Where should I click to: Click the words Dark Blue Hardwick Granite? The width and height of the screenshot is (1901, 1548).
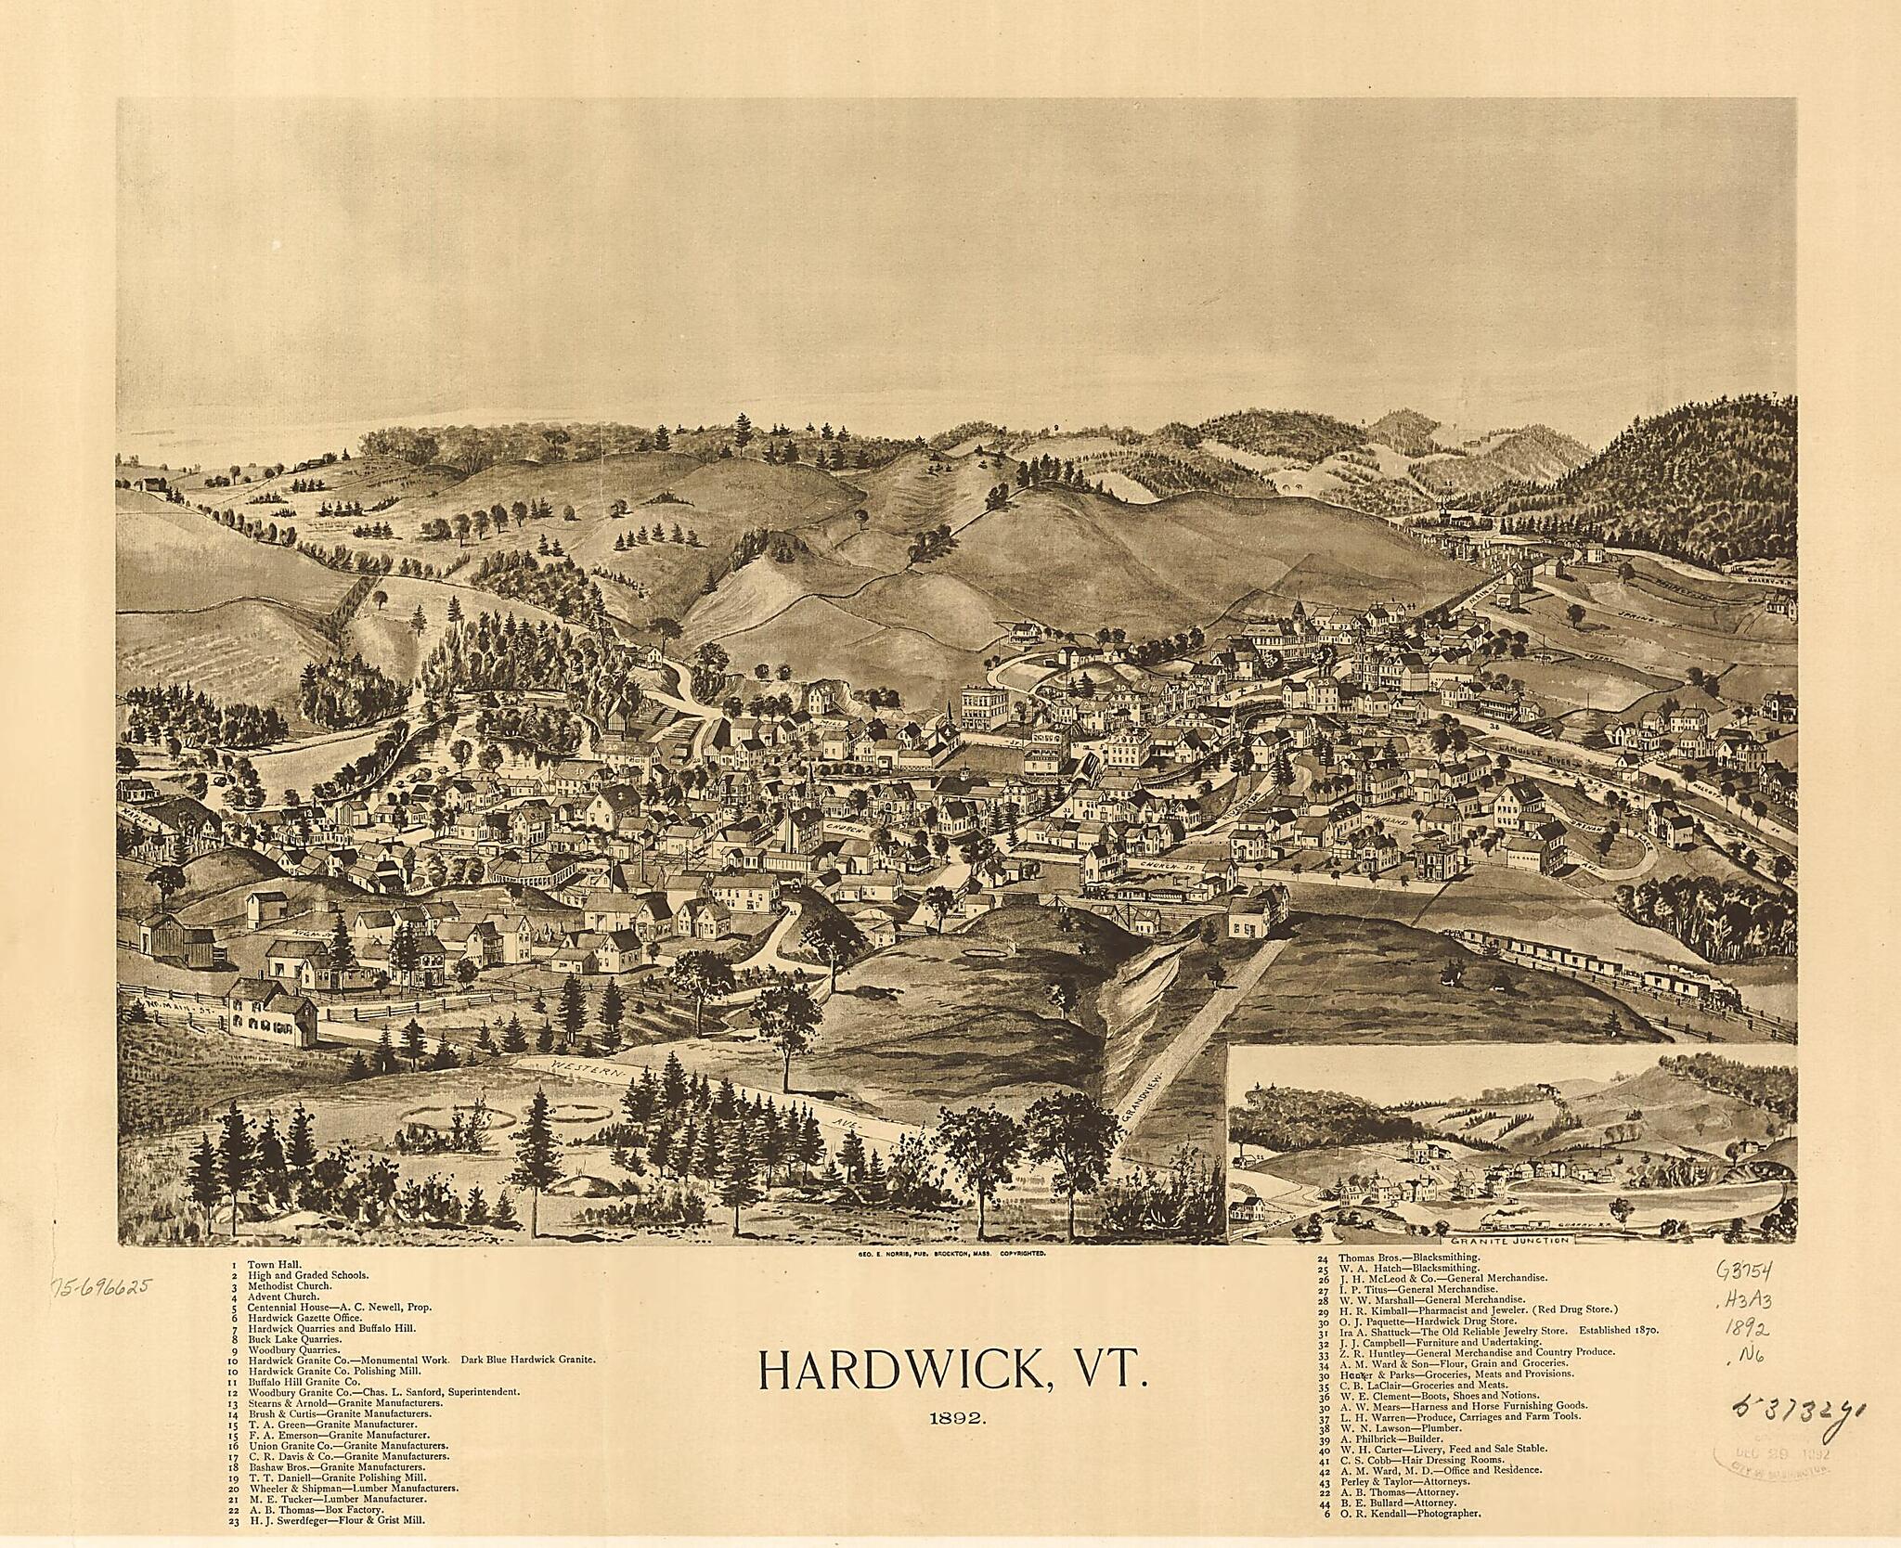pyautogui.click(x=526, y=1360)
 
